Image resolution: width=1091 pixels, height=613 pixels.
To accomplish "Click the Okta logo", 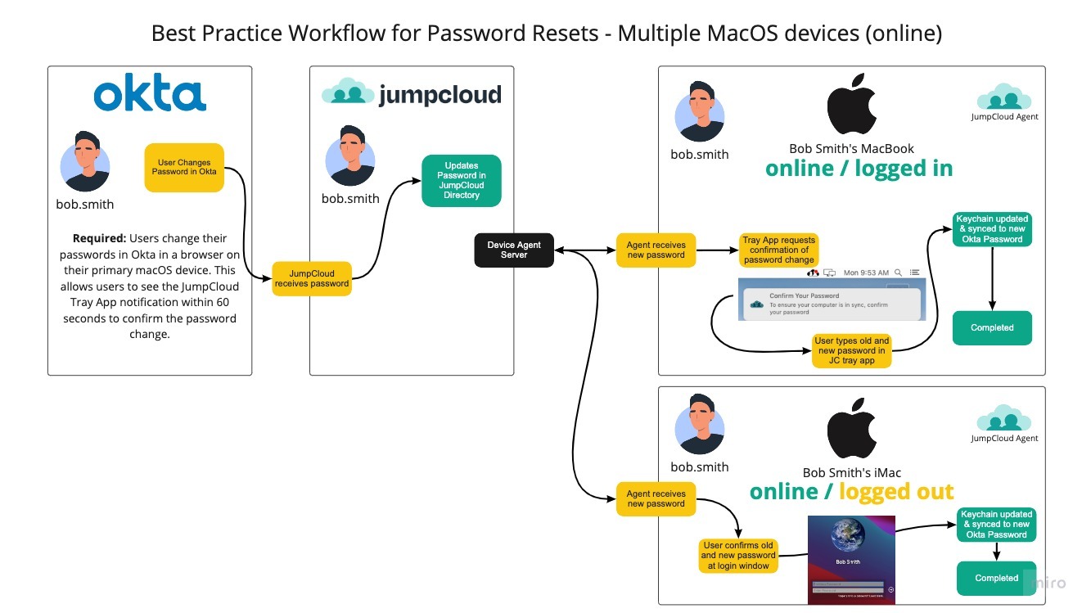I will click(x=150, y=95).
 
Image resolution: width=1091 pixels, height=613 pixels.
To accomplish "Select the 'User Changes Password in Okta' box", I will click(x=184, y=168).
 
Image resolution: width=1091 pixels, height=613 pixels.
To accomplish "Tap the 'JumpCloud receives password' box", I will click(x=312, y=278).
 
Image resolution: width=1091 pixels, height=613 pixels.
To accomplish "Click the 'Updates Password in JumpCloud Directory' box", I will click(x=461, y=180).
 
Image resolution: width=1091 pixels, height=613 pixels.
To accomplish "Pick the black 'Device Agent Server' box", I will click(x=514, y=250).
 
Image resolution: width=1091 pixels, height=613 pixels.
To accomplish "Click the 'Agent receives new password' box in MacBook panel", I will click(x=656, y=250).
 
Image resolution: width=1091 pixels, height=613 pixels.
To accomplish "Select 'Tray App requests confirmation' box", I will click(x=778, y=250).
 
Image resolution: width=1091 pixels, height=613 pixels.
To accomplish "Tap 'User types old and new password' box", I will click(x=851, y=350).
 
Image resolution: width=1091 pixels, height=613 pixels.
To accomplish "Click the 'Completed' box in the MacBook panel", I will click(x=992, y=327).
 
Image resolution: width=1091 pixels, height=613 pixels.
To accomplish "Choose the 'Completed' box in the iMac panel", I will click(x=996, y=578).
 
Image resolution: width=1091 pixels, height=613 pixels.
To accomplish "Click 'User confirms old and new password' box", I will click(x=737, y=555).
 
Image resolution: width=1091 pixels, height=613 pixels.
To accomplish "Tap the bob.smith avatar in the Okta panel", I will click(x=84, y=161).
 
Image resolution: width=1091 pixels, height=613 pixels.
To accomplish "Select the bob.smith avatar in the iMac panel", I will click(x=698, y=423).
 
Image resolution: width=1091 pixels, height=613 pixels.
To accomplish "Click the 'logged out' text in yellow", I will click(x=896, y=491).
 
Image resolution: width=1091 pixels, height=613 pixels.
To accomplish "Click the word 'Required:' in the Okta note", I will click(x=98, y=238).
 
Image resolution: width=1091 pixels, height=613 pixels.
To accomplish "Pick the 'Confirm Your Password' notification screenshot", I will click(x=831, y=300).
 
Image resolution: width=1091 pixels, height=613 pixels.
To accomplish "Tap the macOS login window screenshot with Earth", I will click(x=850, y=559).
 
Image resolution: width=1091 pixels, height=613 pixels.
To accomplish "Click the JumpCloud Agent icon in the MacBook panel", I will click(x=1004, y=98).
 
